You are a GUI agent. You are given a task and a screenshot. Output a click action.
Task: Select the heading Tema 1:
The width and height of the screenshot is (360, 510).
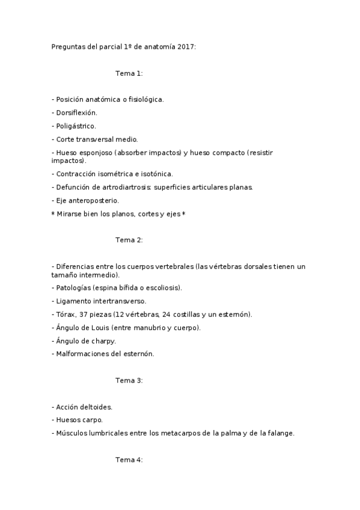click(x=129, y=73)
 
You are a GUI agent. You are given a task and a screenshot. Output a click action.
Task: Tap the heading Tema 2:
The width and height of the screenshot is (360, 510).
click(x=129, y=240)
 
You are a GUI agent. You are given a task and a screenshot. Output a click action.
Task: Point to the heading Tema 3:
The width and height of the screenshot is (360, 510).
click(x=129, y=381)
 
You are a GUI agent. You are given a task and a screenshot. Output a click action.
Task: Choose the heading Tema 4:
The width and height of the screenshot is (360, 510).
click(x=129, y=460)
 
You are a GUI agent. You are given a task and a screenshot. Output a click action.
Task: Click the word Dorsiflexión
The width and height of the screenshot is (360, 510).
click(x=76, y=112)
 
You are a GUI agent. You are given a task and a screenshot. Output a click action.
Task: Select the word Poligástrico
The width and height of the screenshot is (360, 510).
click(x=76, y=126)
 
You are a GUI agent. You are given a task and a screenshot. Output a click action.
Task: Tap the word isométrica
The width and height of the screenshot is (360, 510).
click(x=112, y=174)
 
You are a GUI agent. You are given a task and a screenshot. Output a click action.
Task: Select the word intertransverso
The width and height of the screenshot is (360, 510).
click(x=120, y=301)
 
